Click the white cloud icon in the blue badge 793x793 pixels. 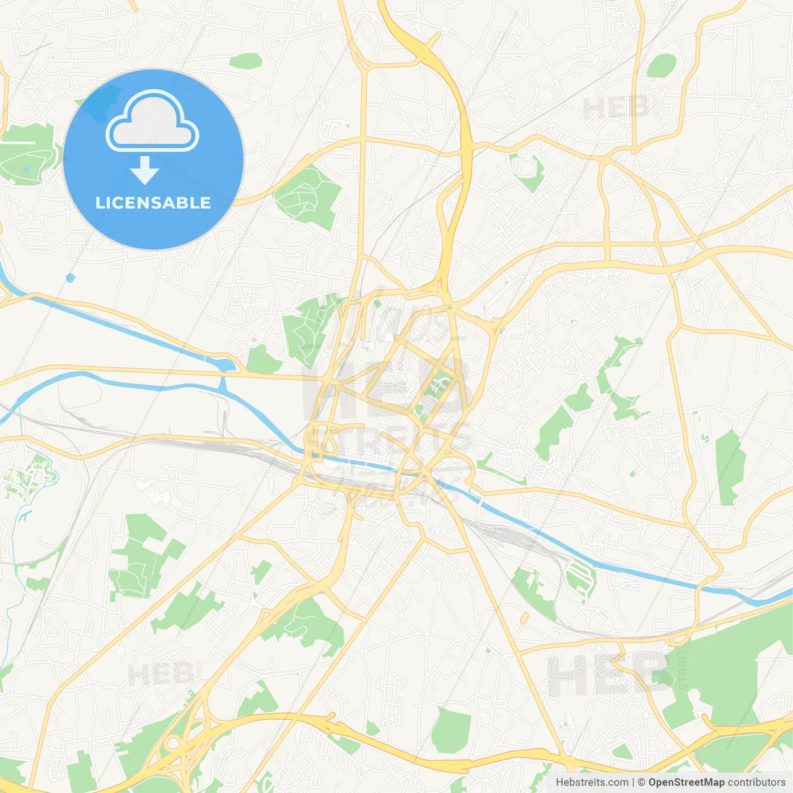152,121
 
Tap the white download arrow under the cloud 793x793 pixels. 144,170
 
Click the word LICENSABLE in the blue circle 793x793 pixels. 153,203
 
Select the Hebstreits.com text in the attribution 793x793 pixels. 592,782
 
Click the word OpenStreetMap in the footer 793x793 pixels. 686,782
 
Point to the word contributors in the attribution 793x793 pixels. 756,782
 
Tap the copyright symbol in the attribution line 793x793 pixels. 641,782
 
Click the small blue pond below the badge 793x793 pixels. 70,278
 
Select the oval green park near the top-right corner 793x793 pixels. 662,65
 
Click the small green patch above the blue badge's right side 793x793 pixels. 246,61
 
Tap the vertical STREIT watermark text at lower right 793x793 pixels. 682,669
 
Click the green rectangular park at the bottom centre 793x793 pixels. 451,731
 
